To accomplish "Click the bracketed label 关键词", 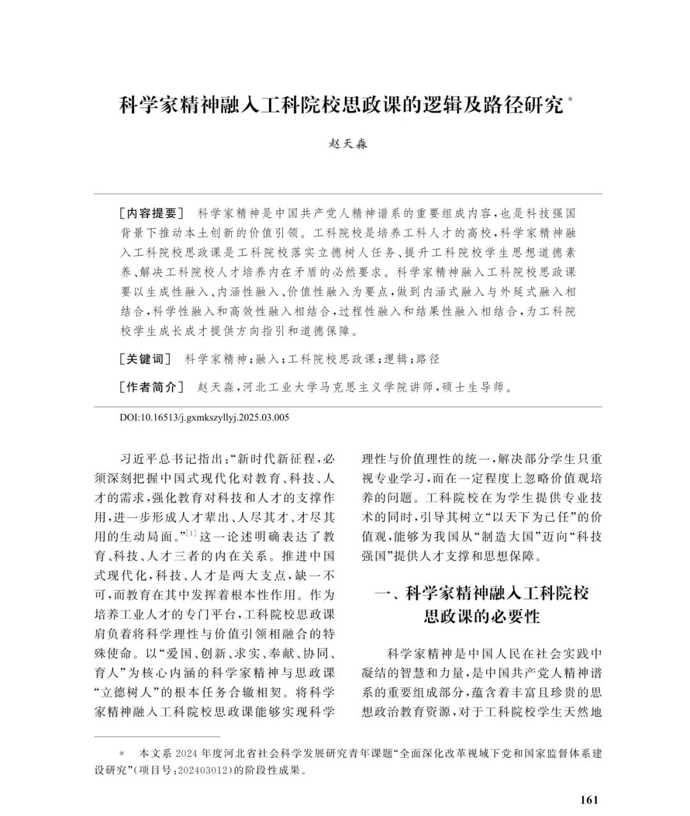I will click(145, 359).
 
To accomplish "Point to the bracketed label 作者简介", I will click(151, 387).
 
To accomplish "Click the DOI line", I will click(204, 418).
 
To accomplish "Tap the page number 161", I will click(589, 800).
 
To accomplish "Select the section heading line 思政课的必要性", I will click(482, 617).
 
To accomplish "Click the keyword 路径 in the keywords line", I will click(428, 359).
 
